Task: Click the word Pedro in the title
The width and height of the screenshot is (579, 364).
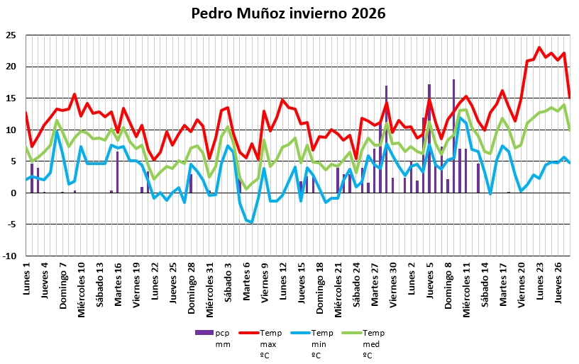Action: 212,14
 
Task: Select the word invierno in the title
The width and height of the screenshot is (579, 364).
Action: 316,14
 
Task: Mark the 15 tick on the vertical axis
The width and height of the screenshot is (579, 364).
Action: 13,98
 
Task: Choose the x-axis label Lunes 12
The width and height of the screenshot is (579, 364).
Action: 284,280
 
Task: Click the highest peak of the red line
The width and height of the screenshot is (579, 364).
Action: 539,47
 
